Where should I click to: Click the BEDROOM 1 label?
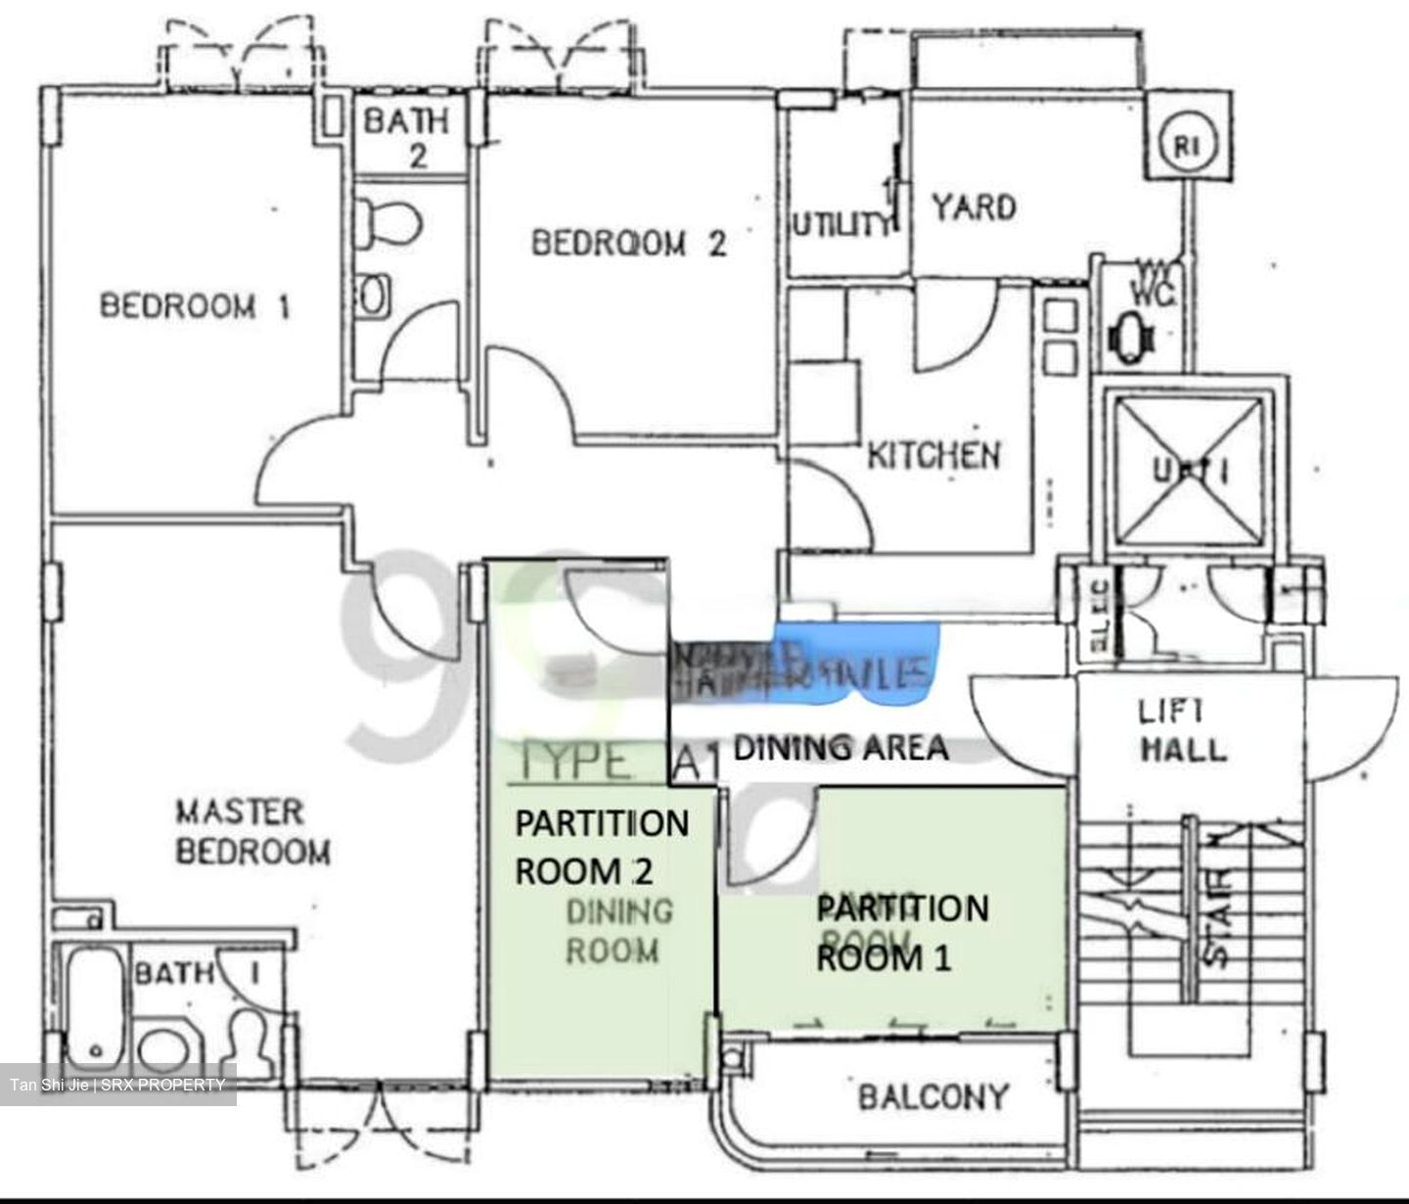[x=195, y=306]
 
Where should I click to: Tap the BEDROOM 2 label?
[x=628, y=243]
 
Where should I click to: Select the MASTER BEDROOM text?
[x=252, y=832]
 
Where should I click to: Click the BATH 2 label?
[x=407, y=138]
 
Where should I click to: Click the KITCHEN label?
[x=934, y=455]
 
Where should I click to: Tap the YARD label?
[x=973, y=208]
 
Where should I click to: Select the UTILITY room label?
[x=842, y=225]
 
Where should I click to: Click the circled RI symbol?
[x=1186, y=147]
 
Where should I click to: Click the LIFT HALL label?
[x=1183, y=731]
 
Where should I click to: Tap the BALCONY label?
[x=932, y=1096]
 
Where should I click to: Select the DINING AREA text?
[x=841, y=748]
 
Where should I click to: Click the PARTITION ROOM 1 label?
[x=902, y=932]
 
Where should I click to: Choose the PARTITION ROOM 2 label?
[x=602, y=847]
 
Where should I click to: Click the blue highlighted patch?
[x=861, y=666]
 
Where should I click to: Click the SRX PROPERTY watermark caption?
[x=117, y=1085]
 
